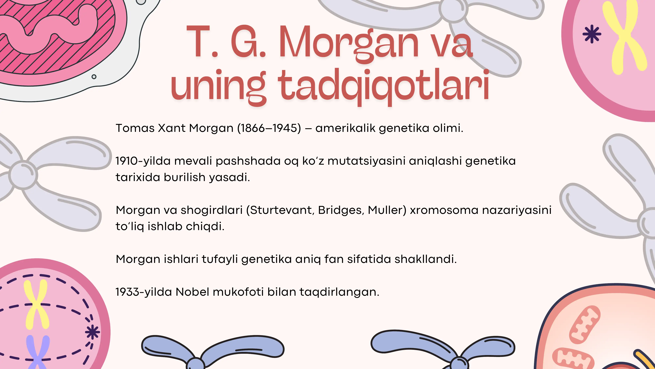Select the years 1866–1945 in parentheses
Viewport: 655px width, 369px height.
pos(269,128)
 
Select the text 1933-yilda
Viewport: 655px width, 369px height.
pos(144,292)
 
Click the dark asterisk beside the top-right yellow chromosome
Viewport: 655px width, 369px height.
pos(592,34)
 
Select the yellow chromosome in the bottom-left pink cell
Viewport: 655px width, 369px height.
pos(36,304)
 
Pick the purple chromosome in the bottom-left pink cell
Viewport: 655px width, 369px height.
pos(38,351)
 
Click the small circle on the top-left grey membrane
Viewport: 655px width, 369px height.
pos(94,77)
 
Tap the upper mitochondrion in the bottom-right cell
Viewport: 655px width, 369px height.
pos(584,325)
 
